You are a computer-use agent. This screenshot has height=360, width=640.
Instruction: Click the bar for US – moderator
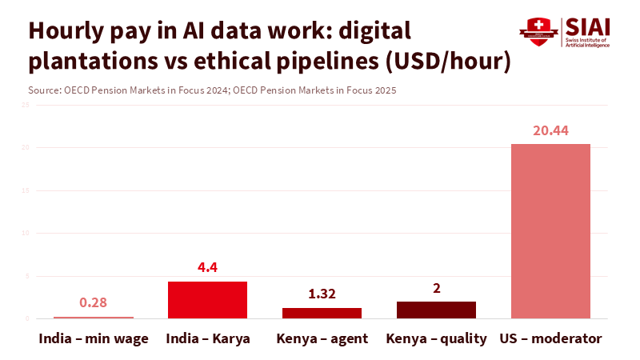pyautogui.click(x=550, y=231)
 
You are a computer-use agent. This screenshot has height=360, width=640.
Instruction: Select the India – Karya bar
pyautogui.click(x=207, y=300)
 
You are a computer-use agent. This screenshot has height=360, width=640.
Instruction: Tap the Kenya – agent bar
pyautogui.click(x=322, y=313)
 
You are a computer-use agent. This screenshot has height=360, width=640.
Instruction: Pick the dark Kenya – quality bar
pyautogui.click(x=436, y=310)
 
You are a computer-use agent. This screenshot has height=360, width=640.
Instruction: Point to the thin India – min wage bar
pyautogui.click(x=94, y=318)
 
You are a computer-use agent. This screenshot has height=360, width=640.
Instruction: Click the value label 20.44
pyautogui.click(x=550, y=130)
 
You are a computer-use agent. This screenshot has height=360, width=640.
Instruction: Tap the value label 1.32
pyautogui.click(x=322, y=294)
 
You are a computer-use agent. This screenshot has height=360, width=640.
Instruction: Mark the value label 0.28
pyautogui.click(x=94, y=303)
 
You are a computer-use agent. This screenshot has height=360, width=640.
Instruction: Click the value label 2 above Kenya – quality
pyautogui.click(x=436, y=288)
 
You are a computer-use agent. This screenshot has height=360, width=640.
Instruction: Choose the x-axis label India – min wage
pyautogui.click(x=94, y=338)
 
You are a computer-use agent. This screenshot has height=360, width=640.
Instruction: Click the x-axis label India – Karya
pyautogui.click(x=207, y=338)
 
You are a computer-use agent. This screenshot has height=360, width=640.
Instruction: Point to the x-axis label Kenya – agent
pyautogui.click(x=322, y=338)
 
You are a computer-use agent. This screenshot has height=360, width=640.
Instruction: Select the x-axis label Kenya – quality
pyautogui.click(x=436, y=338)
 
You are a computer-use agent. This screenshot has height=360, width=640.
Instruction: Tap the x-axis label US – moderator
pyautogui.click(x=550, y=338)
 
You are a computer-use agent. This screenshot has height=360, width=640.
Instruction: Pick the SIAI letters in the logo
pyautogui.click(x=586, y=26)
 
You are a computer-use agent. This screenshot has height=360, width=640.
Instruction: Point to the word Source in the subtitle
pyautogui.click(x=43, y=90)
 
